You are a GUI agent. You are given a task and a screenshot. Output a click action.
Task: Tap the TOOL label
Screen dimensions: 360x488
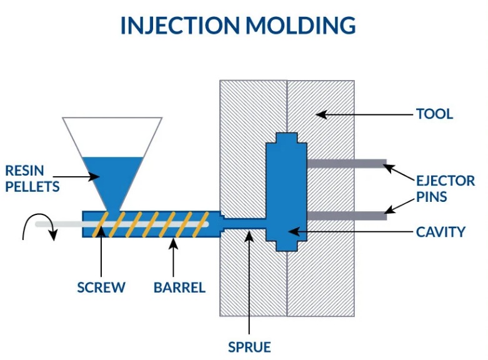pos(434,114)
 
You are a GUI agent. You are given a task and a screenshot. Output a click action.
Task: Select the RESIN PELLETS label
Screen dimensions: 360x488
pos(32,178)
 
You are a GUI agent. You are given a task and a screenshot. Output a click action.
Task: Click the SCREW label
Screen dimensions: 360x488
pos(101,287)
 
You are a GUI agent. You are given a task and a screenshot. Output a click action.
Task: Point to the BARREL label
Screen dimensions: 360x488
pos(179,287)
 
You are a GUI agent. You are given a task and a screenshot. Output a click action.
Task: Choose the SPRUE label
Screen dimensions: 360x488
pos(249,346)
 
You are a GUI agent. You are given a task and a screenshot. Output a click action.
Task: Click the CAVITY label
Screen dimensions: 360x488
pos(441,232)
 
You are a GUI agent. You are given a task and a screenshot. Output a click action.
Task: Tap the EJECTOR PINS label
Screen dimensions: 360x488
pos(446,189)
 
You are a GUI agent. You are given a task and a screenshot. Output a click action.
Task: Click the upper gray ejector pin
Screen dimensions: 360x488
pos(346,164)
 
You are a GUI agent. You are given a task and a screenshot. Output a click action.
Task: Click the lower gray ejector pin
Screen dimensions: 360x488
pos(346,216)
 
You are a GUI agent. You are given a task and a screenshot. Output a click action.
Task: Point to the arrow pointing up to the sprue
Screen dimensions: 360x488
pos(249,281)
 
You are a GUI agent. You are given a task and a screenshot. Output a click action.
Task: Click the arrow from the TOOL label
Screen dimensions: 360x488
pos(362,114)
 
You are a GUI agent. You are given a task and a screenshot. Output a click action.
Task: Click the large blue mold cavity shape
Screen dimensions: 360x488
pos(286,194)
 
